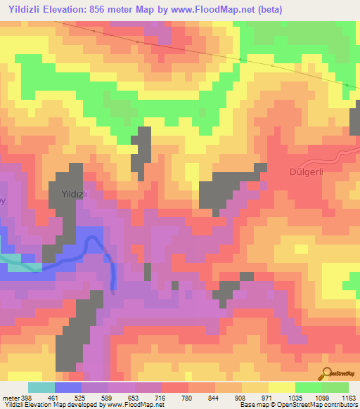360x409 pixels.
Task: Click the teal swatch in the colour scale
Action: (41, 387)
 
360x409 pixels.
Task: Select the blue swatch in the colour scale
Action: (67, 387)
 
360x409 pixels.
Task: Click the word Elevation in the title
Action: (77, 9)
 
